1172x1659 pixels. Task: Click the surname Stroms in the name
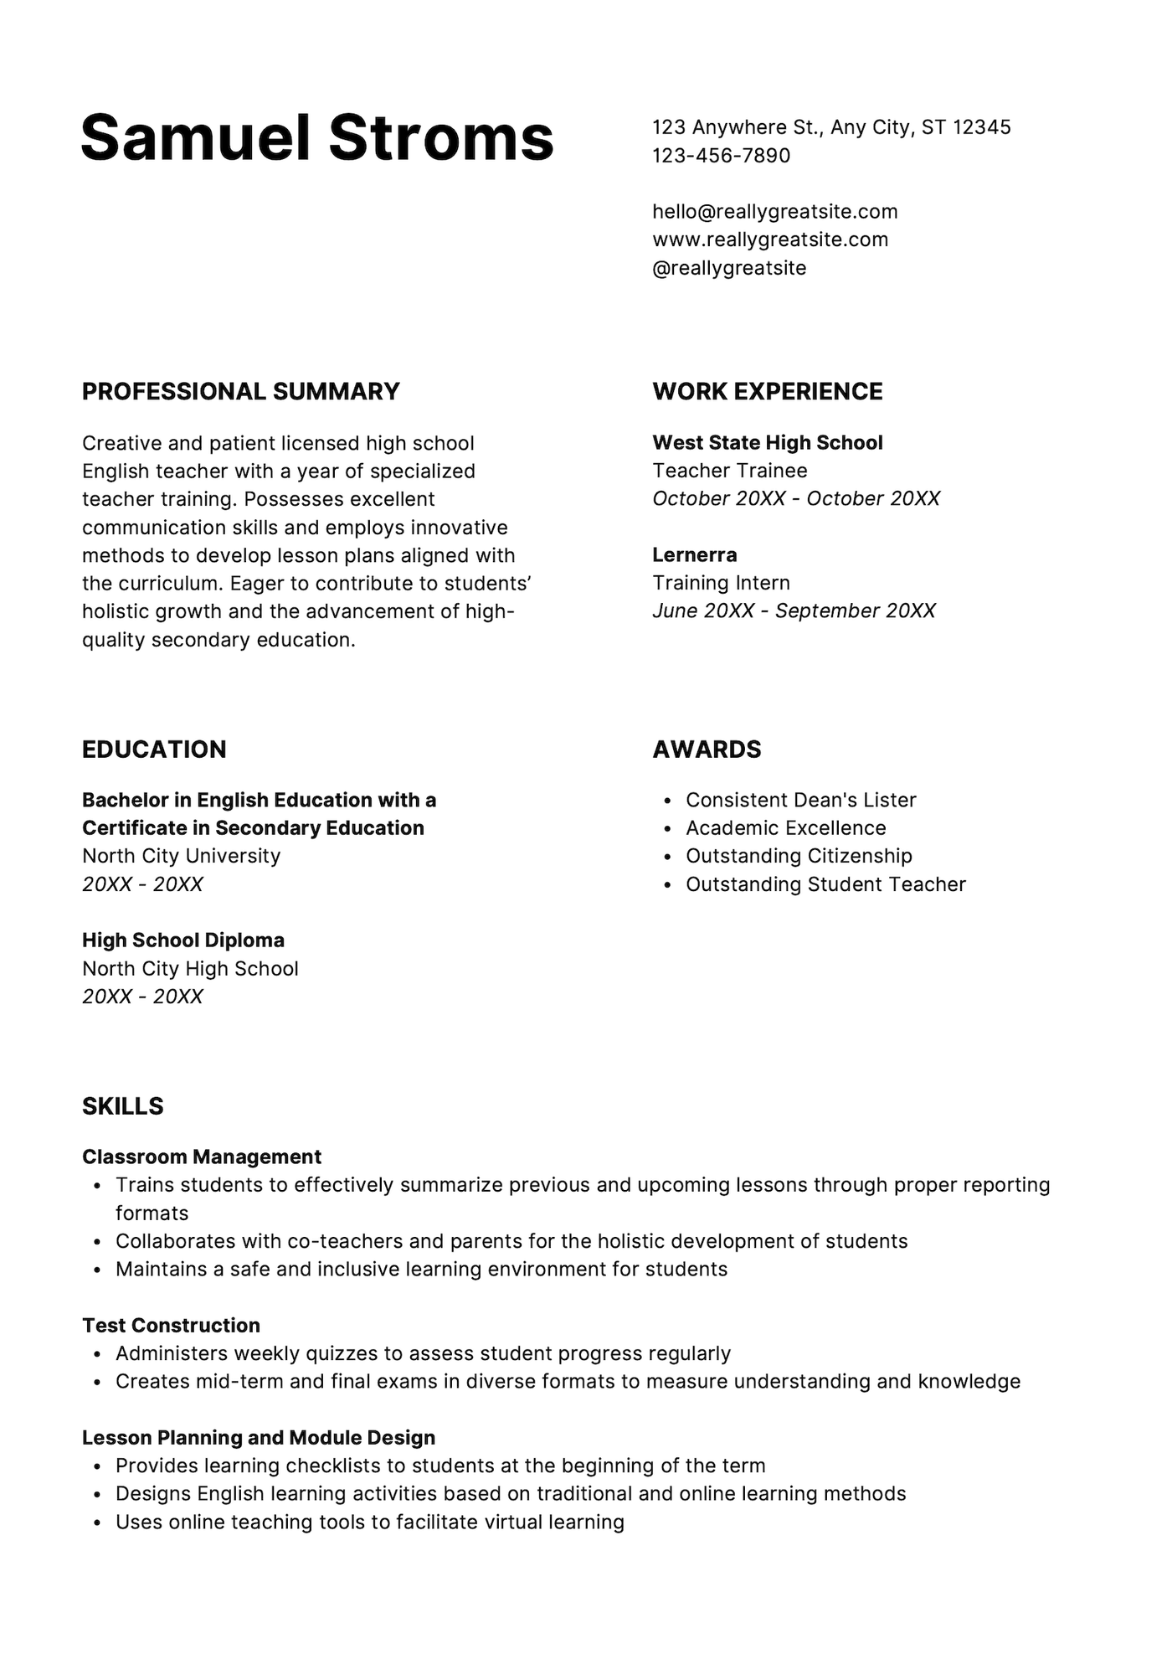click(x=441, y=138)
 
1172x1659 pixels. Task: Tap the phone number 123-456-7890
click(x=721, y=156)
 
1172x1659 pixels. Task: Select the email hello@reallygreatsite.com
click(x=774, y=212)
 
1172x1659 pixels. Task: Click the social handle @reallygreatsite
click(x=729, y=268)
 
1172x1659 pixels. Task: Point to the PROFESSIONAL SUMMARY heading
click(x=241, y=392)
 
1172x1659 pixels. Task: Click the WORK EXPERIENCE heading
click(x=767, y=392)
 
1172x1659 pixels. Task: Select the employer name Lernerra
click(x=694, y=554)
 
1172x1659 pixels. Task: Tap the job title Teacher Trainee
click(x=729, y=471)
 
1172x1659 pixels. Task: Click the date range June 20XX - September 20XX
click(x=794, y=611)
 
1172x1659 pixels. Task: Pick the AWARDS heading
click(x=707, y=750)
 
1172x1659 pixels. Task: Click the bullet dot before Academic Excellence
click(x=667, y=829)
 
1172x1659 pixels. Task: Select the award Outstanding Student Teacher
click(x=825, y=884)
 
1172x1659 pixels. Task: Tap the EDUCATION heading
click(x=154, y=750)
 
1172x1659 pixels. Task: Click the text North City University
click(x=181, y=856)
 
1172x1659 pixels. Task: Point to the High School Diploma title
click(x=183, y=940)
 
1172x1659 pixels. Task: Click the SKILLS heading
click(x=123, y=1106)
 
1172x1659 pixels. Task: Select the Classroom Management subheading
click(x=202, y=1157)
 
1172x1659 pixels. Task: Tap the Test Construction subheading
click(x=171, y=1326)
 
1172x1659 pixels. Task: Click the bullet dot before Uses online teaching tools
click(x=98, y=1523)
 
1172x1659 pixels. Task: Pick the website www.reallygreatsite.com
click(x=770, y=240)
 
